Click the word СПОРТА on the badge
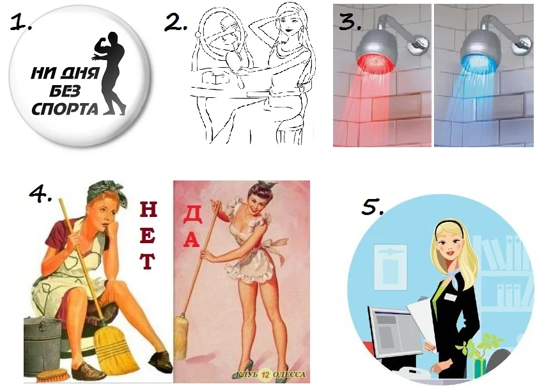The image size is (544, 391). (x=65, y=109)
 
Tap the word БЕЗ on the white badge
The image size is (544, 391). (x=65, y=92)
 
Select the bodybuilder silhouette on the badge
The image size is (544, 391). (x=110, y=73)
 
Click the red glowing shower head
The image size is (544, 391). (x=376, y=51)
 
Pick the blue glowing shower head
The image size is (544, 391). (x=481, y=51)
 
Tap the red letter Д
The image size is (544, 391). (x=192, y=215)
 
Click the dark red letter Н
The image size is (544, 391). (x=148, y=209)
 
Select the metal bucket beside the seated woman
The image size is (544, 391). (x=42, y=345)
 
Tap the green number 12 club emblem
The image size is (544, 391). (x=266, y=374)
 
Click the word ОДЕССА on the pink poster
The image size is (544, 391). (x=290, y=374)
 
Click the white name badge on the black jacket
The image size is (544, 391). (x=451, y=297)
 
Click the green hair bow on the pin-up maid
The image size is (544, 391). (x=267, y=184)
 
